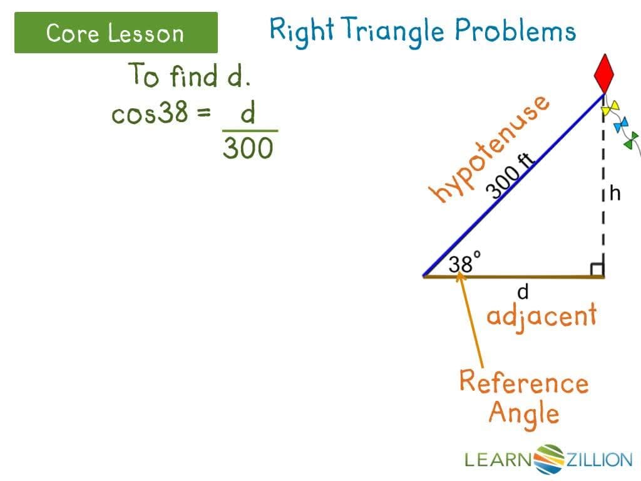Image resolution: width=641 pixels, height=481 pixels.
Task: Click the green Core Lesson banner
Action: tap(116, 33)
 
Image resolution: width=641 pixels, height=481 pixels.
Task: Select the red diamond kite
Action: tap(605, 74)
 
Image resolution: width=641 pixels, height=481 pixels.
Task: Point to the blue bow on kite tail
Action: tap(621, 125)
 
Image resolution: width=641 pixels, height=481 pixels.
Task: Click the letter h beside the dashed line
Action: tap(615, 194)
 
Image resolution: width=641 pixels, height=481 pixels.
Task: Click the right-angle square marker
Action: tap(597, 269)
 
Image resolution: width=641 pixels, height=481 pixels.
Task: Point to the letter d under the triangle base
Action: tap(523, 291)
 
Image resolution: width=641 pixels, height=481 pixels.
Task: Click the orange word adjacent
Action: tap(541, 315)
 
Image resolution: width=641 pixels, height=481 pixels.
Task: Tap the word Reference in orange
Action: tap(523, 381)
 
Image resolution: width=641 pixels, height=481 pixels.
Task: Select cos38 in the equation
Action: tap(150, 113)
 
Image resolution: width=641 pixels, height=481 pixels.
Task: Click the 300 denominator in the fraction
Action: tap(248, 148)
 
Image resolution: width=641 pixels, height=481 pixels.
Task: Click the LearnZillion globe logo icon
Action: tap(550, 459)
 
